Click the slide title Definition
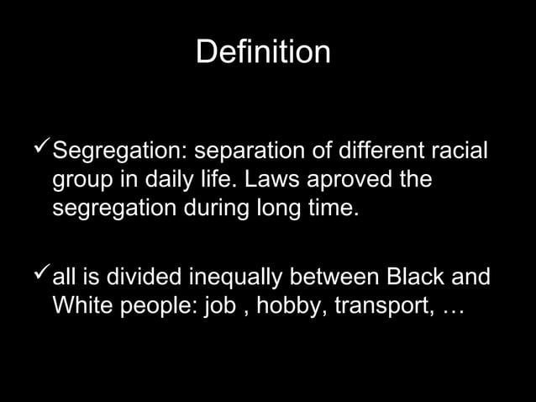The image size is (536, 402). [x=263, y=52]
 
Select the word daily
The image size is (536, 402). [x=168, y=180]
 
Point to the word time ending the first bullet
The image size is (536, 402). [x=328, y=205]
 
